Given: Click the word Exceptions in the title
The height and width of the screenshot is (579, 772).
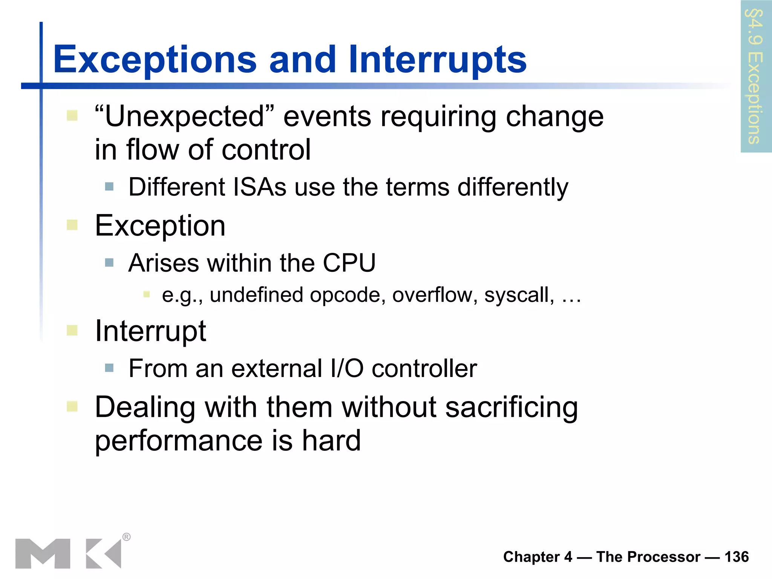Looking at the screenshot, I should pyautogui.click(x=155, y=60).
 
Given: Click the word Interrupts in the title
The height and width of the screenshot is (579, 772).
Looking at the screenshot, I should pyautogui.click(x=437, y=60).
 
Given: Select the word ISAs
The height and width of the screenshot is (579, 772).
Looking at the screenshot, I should pyautogui.click(x=260, y=187).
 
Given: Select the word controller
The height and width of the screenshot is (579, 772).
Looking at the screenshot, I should pyautogui.click(x=424, y=368).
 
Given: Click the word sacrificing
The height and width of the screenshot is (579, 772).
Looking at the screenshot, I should pyautogui.click(x=511, y=408).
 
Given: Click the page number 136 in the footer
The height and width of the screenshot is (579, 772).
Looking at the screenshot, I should pyautogui.click(x=737, y=557).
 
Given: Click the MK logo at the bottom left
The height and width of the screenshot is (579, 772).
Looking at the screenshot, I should pyautogui.click(x=68, y=553).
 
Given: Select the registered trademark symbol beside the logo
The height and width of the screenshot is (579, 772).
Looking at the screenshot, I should pyautogui.click(x=127, y=537).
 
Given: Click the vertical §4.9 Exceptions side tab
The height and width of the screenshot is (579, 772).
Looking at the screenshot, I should pyautogui.click(x=755, y=77).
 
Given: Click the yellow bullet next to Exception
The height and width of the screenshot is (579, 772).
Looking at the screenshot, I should pyautogui.click(x=72, y=225).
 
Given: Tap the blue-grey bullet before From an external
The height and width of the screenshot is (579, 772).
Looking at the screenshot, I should pyautogui.click(x=109, y=368).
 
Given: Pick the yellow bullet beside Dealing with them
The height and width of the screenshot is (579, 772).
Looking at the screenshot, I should pyautogui.click(x=72, y=406).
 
